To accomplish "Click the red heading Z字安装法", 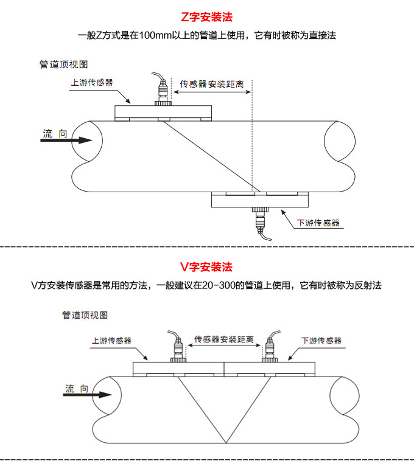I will [x=207, y=17].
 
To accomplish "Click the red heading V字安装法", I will [x=206, y=267].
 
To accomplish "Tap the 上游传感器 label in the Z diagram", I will [x=91, y=82].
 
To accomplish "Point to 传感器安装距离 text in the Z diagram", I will [x=212, y=85].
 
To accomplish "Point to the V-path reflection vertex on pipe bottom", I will [x=225, y=443].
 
